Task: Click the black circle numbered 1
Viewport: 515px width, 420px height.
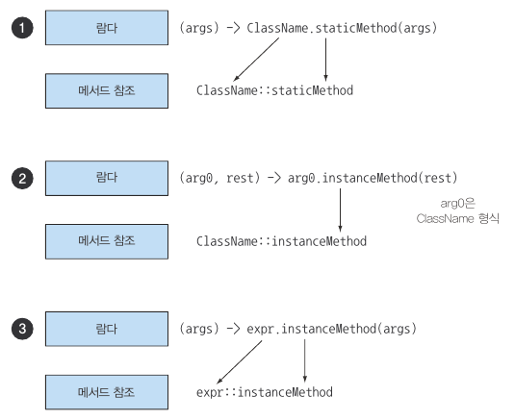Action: [22, 28]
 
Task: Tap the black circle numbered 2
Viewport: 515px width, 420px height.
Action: [22, 179]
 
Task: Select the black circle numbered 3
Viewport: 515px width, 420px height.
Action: [22, 329]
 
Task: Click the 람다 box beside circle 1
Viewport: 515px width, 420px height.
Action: [107, 28]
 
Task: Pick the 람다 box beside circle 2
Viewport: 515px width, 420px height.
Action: [107, 178]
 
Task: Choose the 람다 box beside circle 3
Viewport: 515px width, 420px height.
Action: [107, 329]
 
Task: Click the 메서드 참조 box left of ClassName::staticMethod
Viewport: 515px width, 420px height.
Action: [107, 90]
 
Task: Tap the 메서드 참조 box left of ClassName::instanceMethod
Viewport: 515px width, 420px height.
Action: [107, 241]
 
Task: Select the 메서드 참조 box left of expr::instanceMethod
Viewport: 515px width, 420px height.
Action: [107, 392]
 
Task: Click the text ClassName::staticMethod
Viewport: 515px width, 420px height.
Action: [274, 90]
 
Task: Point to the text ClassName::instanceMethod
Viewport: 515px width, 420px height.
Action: [281, 241]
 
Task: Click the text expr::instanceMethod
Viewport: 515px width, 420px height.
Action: [265, 392]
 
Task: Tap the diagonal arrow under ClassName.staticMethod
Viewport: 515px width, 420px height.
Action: [256, 60]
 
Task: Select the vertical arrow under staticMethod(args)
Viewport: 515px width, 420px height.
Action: [325, 60]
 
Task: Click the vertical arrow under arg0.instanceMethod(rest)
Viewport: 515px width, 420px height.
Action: [340, 210]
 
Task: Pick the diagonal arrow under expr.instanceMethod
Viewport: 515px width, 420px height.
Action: [240, 362]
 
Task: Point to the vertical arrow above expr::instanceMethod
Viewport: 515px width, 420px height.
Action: [305, 361]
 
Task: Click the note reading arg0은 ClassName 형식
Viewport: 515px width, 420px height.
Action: [458, 210]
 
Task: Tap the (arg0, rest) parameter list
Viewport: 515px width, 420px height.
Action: [219, 178]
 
